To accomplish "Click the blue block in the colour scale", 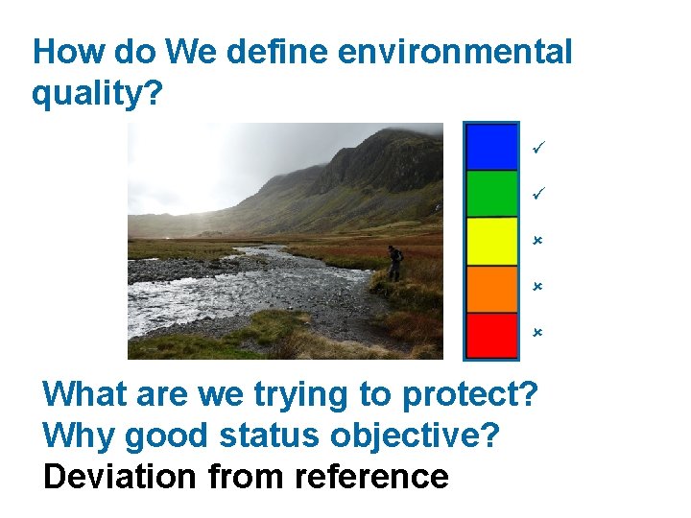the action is coord(491,147).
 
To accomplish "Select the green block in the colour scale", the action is coord(491,194).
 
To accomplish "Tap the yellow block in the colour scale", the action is coord(491,242).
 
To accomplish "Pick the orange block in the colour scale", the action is coord(491,289).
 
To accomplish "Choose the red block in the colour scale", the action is coord(491,335).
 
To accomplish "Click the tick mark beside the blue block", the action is coord(538,147).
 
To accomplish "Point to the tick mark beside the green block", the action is coord(538,194).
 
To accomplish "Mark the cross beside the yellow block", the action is coord(537,241).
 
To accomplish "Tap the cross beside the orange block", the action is coord(537,287).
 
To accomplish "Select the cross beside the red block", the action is coord(537,332).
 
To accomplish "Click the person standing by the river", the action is coord(394,263).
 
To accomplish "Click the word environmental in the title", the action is coord(455,52).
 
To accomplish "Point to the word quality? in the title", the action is coord(97,94).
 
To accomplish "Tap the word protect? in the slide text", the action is coord(470,395).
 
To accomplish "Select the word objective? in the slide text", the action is coord(415,436).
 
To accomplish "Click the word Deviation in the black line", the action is coord(119,477).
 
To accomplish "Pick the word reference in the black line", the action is coord(371,477).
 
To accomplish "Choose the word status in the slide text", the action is coord(269,436).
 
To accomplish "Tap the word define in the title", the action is coord(276,52).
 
